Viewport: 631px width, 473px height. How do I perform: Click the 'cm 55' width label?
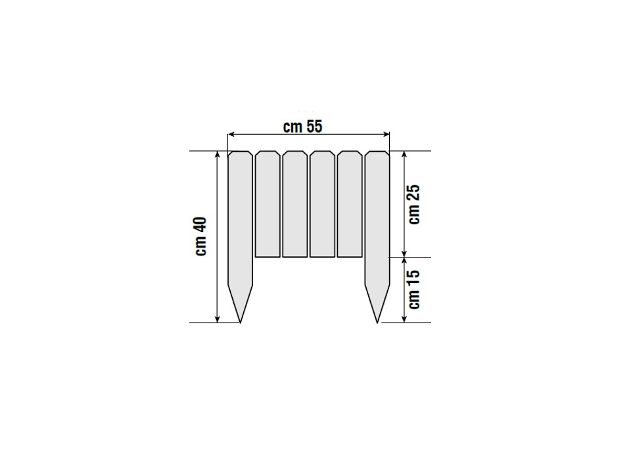coord(302,127)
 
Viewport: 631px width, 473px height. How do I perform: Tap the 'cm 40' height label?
coord(201,236)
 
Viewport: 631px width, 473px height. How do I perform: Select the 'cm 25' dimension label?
coord(413,204)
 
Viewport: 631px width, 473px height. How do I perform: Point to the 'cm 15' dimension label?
coord(413,289)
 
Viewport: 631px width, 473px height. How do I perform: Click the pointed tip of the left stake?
coord(241,323)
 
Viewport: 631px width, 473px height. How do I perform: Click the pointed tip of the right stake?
coord(377,323)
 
